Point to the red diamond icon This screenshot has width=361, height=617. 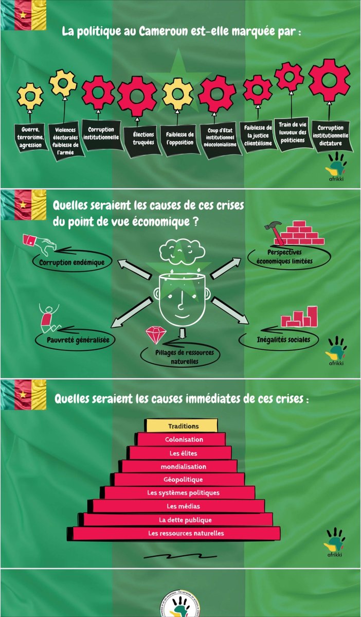[153, 335]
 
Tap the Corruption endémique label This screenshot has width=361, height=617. [71, 262]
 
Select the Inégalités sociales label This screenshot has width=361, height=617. [279, 340]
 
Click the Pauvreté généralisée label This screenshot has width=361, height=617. [74, 340]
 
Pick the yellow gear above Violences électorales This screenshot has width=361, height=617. [63, 82]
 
